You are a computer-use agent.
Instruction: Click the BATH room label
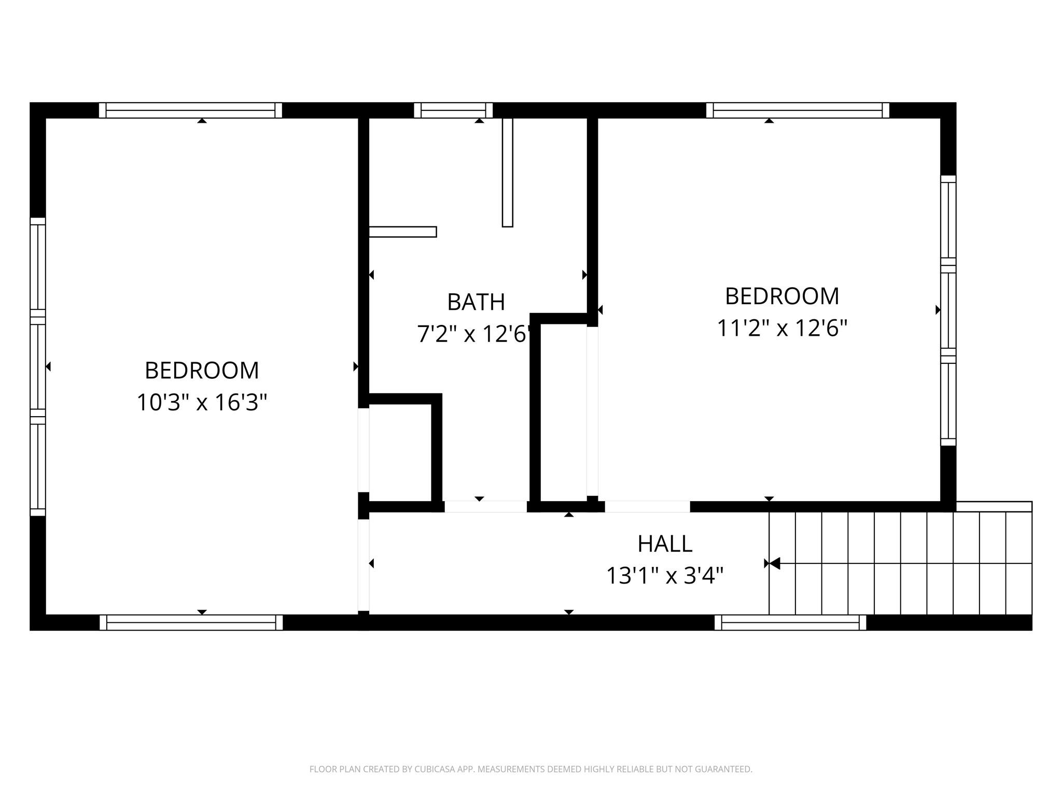(x=476, y=302)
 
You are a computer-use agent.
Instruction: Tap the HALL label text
(x=665, y=544)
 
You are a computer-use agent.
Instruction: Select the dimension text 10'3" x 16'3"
(x=202, y=402)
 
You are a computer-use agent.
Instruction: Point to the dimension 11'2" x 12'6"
(x=782, y=328)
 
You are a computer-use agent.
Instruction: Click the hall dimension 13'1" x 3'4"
(x=665, y=575)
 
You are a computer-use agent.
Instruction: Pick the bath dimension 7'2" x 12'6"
(x=474, y=334)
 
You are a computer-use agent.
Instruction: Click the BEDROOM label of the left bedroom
(x=202, y=371)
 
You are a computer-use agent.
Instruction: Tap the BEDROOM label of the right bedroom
(x=782, y=296)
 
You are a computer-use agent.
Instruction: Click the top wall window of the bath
(x=453, y=110)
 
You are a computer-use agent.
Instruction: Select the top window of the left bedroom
(x=190, y=110)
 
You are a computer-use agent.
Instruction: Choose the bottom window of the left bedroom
(x=191, y=622)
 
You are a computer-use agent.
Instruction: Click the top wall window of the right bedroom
(x=798, y=110)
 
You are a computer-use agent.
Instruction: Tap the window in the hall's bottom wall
(x=790, y=622)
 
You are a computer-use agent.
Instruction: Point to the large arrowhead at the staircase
(x=775, y=563)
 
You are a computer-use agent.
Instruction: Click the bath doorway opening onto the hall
(x=486, y=506)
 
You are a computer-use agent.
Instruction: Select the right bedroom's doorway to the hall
(x=647, y=506)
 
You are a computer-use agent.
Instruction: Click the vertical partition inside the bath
(x=508, y=173)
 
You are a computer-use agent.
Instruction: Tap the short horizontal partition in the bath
(x=402, y=232)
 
